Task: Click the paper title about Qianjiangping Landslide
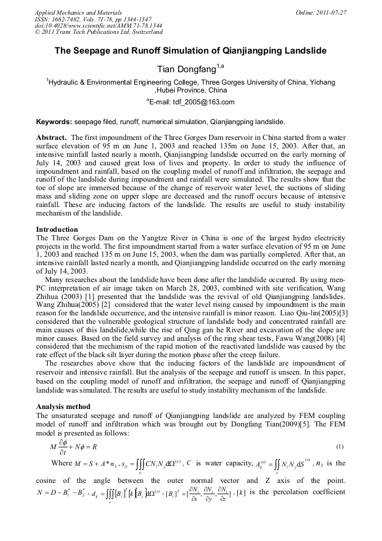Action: click(x=190, y=51)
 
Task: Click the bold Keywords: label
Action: click(x=54, y=121)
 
